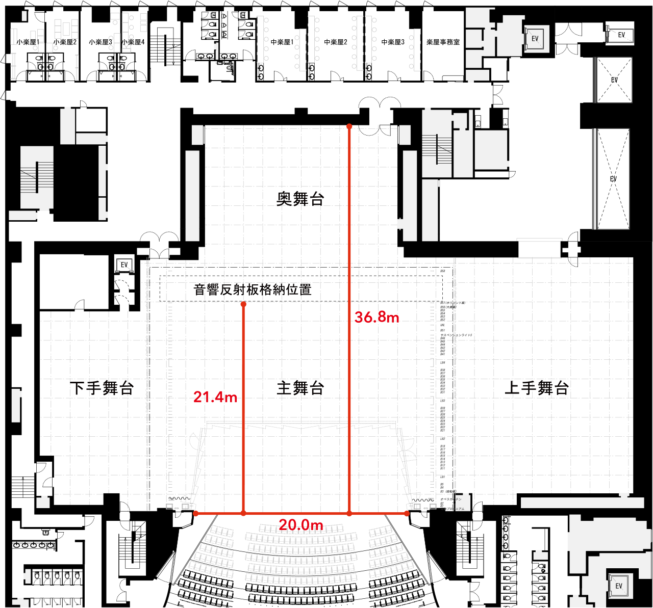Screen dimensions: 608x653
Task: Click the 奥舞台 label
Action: (x=300, y=199)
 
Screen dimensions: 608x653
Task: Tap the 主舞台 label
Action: (x=300, y=388)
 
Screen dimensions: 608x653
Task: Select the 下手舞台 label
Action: (x=102, y=388)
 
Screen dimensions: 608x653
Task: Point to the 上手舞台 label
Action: (x=537, y=388)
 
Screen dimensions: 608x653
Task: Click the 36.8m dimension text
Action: (x=377, y=317)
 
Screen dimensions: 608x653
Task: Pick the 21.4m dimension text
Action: (x=215, y=397)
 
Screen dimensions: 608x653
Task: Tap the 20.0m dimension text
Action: (x=301, y=525)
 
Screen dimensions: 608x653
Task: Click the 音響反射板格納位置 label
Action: (x=253, y=290)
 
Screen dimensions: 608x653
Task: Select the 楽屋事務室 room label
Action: (x=443, y=42)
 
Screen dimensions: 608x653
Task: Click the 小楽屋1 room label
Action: (x=28, y=42)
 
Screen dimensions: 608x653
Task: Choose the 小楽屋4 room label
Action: (x=134, y=42)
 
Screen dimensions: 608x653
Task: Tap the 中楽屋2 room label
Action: (x=336, y=42)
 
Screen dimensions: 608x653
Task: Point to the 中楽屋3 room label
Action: (x=393, y=42)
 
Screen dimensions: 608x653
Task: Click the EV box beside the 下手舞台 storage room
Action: (x=124, y=265)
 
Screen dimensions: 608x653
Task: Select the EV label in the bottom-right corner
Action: (x=619, y=586)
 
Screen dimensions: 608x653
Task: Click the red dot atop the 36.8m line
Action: (x=349, y=125)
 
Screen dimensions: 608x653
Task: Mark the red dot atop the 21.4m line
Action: (x=243, y=304)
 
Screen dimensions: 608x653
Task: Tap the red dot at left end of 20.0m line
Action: (x=196, y=513)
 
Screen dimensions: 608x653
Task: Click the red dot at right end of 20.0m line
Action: (x=407, y=513)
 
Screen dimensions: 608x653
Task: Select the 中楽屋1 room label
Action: (x=282, y=42)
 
